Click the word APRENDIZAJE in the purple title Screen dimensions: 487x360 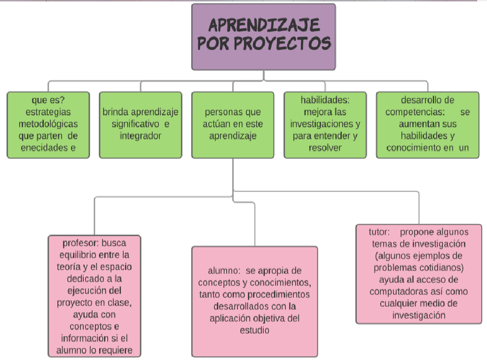(x=263, y=25)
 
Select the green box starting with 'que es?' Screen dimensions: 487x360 (x=48, y=125)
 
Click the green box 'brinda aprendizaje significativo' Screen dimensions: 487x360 (x=140, y=125)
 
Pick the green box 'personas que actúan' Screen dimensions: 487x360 (x=233, y=125)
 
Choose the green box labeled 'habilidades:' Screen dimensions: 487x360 (x=325, y=125)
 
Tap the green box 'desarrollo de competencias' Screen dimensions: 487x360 (x=428, y=125)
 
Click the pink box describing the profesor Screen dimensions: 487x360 (x=94, y=296)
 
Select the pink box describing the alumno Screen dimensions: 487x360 (x=254, y=301)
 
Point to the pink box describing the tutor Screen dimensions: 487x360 (x=418, y=274)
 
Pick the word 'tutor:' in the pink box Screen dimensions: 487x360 (x=380, y=232)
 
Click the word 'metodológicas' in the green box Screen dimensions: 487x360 (x=48, y=125)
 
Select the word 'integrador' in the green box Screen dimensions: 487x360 (x=140, y=136)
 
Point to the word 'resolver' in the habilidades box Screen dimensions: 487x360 (x=325, y=148)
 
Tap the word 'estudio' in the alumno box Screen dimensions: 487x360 (x=254, y=330)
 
